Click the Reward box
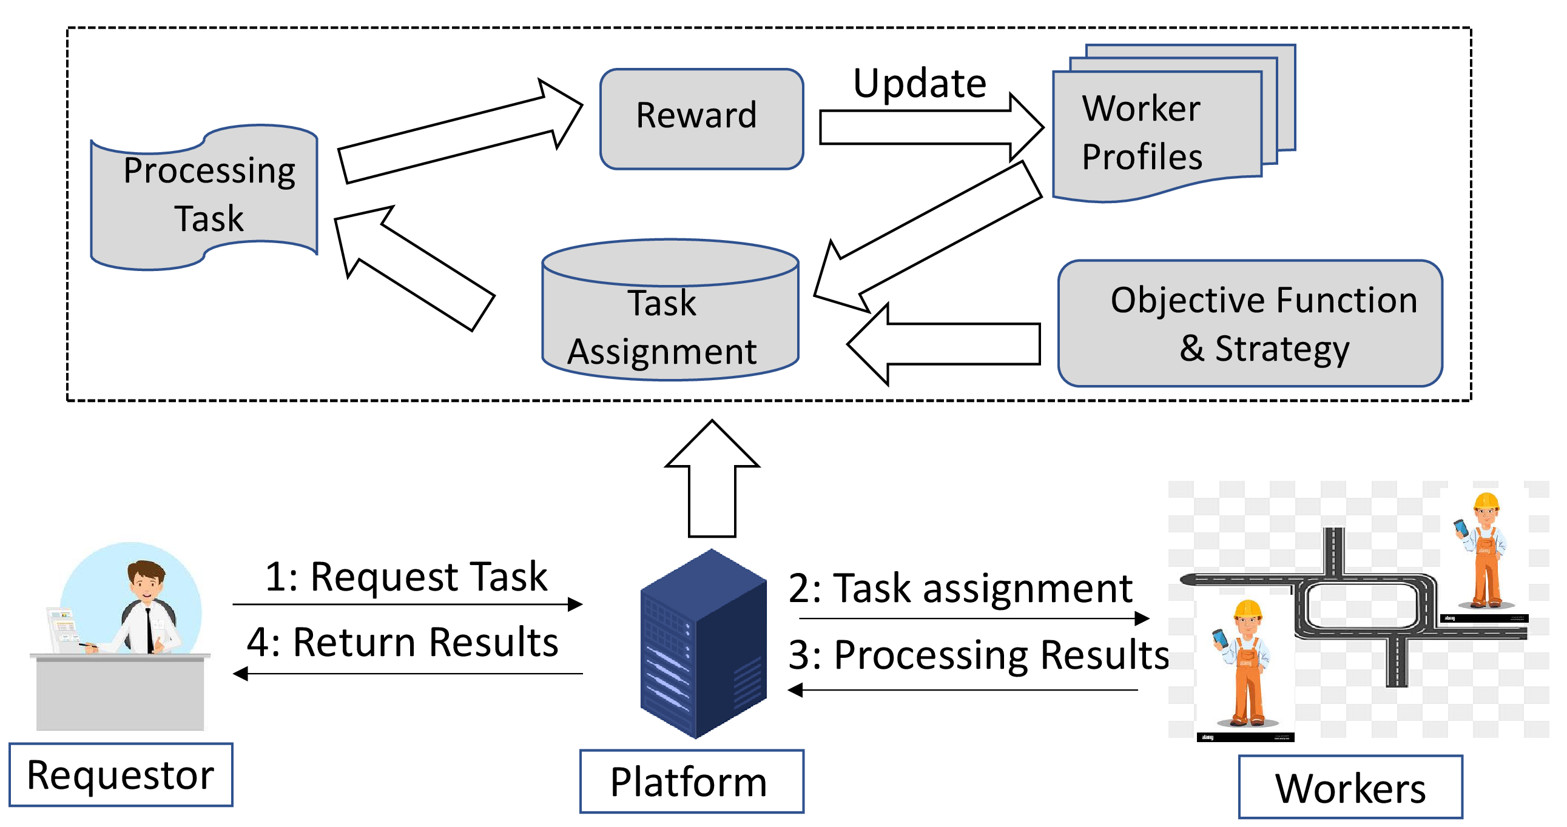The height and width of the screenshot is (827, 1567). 701,119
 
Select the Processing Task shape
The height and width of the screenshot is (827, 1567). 204,197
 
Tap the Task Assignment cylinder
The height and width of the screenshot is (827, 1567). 670,309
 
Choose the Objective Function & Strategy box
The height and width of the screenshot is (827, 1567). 1250,323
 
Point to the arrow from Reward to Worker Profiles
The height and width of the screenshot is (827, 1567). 931,127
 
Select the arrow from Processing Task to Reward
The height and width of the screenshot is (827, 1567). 460,131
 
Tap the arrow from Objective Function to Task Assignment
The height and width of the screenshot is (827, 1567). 943,344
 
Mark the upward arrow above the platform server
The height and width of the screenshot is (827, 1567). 712,478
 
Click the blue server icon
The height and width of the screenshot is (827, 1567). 703,643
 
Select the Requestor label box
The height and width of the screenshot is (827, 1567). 121,775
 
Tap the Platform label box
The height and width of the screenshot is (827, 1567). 692,782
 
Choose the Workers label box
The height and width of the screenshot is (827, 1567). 1350,788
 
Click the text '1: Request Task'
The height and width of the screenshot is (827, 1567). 406,576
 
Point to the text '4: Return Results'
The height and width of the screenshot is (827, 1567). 403,641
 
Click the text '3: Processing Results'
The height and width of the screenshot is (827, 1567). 979,654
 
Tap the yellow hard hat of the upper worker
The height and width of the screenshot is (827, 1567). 1486,501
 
